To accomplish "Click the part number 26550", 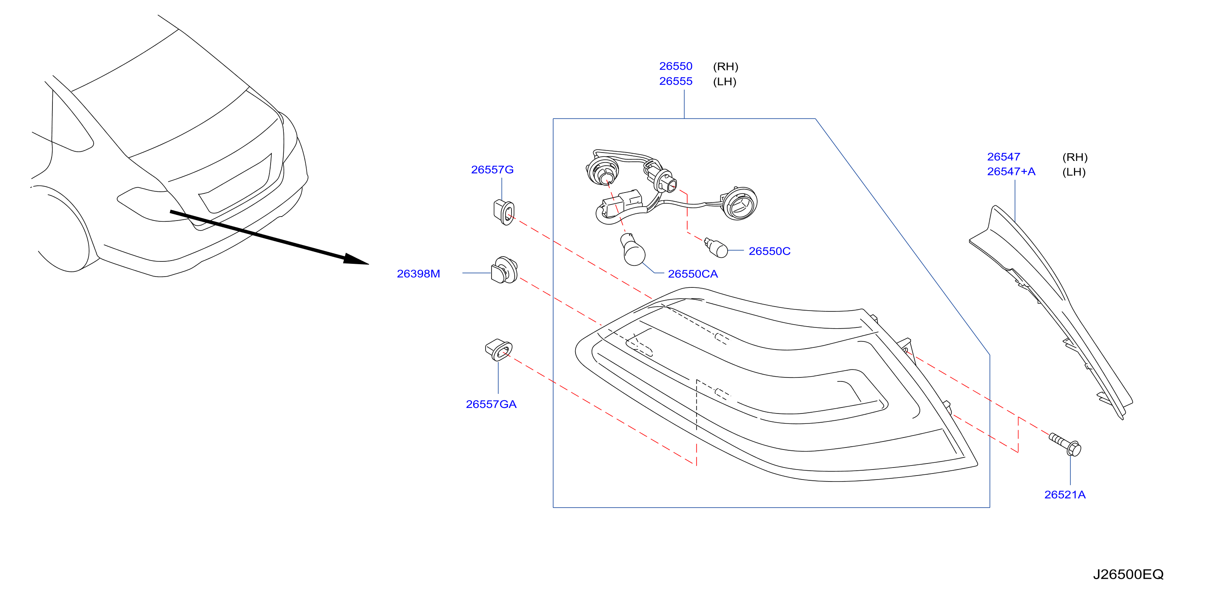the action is pos(676,66).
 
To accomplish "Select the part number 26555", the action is pos(676,81).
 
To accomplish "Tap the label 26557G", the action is pos(492,169).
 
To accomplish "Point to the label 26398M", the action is pos(419,273).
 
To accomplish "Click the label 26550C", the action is pos(769,251).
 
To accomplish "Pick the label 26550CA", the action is pos(693,274).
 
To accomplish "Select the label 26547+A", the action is pos(1011,171).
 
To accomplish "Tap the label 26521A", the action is pos(1065,494).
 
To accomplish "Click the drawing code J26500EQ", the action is pos(1128,574).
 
